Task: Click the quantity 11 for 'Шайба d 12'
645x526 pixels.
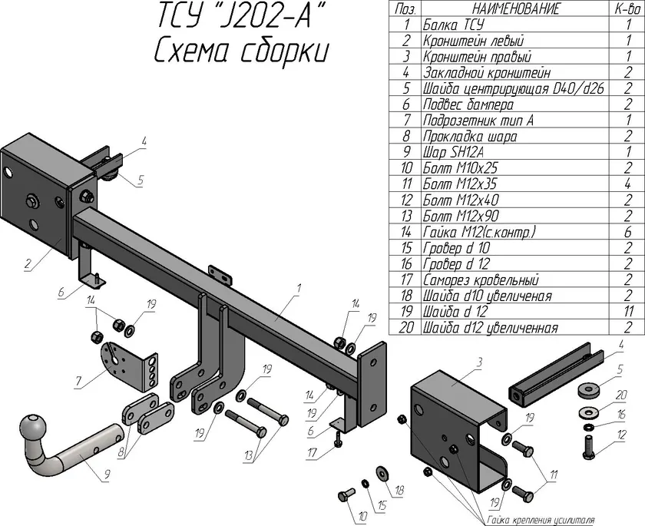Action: pos(628,312)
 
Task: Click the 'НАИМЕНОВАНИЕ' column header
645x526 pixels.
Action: pos(512,8)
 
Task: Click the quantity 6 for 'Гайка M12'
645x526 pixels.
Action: pos(628,232)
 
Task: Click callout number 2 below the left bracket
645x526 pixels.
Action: pos(27,266)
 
